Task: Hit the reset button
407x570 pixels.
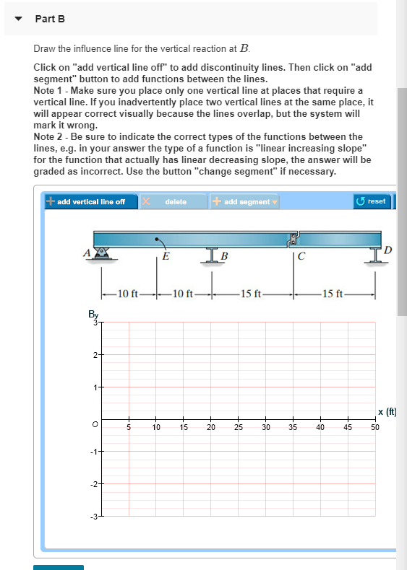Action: click(372, 201)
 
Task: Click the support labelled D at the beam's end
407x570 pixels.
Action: click(375, 255)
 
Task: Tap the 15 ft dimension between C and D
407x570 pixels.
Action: click(334, 293)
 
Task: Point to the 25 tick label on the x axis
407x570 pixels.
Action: click(238, 428)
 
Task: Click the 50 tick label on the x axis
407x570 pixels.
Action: click(374, 428)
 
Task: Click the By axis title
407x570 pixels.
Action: click(93, 315)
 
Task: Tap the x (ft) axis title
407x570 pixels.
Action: click(387, 412)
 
